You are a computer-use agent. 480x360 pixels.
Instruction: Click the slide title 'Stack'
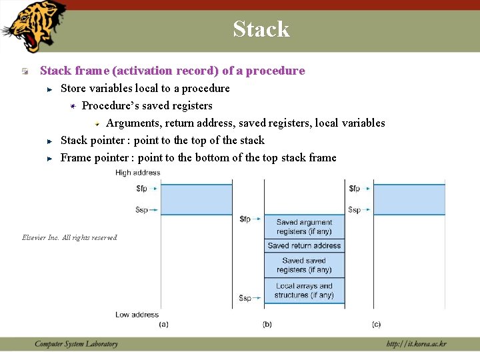click(261, 29)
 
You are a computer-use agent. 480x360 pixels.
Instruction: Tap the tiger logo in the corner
click(33, 25)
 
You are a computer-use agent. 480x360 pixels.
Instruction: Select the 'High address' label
click(137, 173)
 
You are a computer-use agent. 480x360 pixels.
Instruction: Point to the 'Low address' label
click(137, 315)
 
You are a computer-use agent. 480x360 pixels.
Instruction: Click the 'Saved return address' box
click(304, 246)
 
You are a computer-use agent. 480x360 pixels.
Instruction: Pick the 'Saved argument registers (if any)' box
click(304, 227)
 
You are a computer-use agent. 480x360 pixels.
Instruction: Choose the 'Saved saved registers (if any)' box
click(304, 265)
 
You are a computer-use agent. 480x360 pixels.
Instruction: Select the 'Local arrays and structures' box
click(304, 291)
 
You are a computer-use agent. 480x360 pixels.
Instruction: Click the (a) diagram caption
click(163, 324)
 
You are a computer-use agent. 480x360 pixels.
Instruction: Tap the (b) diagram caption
click(267, 324)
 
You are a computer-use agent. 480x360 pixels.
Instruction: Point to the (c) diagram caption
click(377, 324)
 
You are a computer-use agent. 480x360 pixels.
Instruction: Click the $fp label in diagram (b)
click(245, 219)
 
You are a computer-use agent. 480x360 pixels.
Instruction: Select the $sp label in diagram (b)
click(245, 298)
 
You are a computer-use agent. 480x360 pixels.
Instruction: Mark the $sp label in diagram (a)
click(141, 209)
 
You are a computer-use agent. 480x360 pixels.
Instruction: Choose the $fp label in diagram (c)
click(354, 189)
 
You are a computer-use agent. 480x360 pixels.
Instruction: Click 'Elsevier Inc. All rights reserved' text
click(69, 237)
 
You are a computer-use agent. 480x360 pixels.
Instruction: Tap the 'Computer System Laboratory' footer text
click(76, 344)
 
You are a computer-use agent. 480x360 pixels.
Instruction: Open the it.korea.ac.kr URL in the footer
click(416, 344)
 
